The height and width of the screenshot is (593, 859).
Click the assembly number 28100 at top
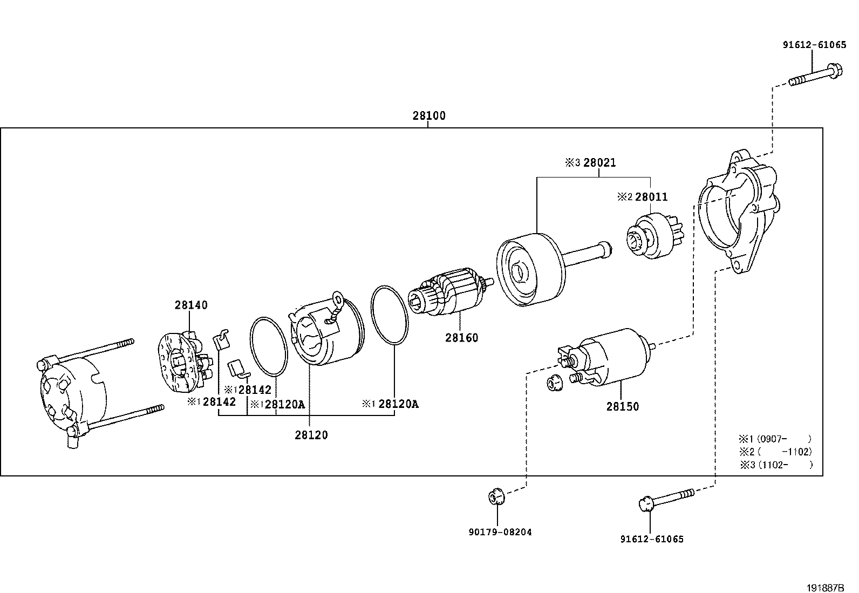tap(429, 115)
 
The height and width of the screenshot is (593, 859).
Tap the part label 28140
tap(191, 305)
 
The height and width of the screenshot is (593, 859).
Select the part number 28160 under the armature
tap(461, 338)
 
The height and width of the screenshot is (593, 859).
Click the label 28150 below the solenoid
tap(622, 407)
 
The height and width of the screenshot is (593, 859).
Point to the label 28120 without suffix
tap(311, 435)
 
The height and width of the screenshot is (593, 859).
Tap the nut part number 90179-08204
tap(500, 532)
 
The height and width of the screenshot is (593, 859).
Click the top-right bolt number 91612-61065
tap(814, 45)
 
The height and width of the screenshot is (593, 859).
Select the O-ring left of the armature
tap(389, 314)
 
